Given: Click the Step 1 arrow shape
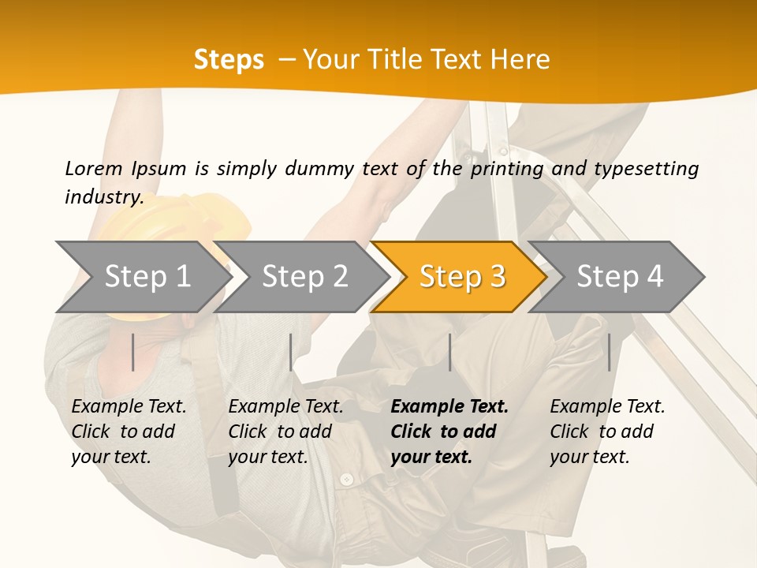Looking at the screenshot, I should click(x=142, y=277).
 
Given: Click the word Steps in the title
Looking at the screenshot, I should click(x=229, y=59).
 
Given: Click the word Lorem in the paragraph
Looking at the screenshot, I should click(x=93, y=168).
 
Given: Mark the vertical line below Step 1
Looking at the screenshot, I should click(x=133, y=352).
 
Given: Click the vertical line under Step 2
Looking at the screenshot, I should click(x=291, y=352).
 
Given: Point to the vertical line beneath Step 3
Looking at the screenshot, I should click(x=449, y=352).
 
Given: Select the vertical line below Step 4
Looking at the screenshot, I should click(x=609, y=352).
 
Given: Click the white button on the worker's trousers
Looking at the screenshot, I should click(x=346, y=479).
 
